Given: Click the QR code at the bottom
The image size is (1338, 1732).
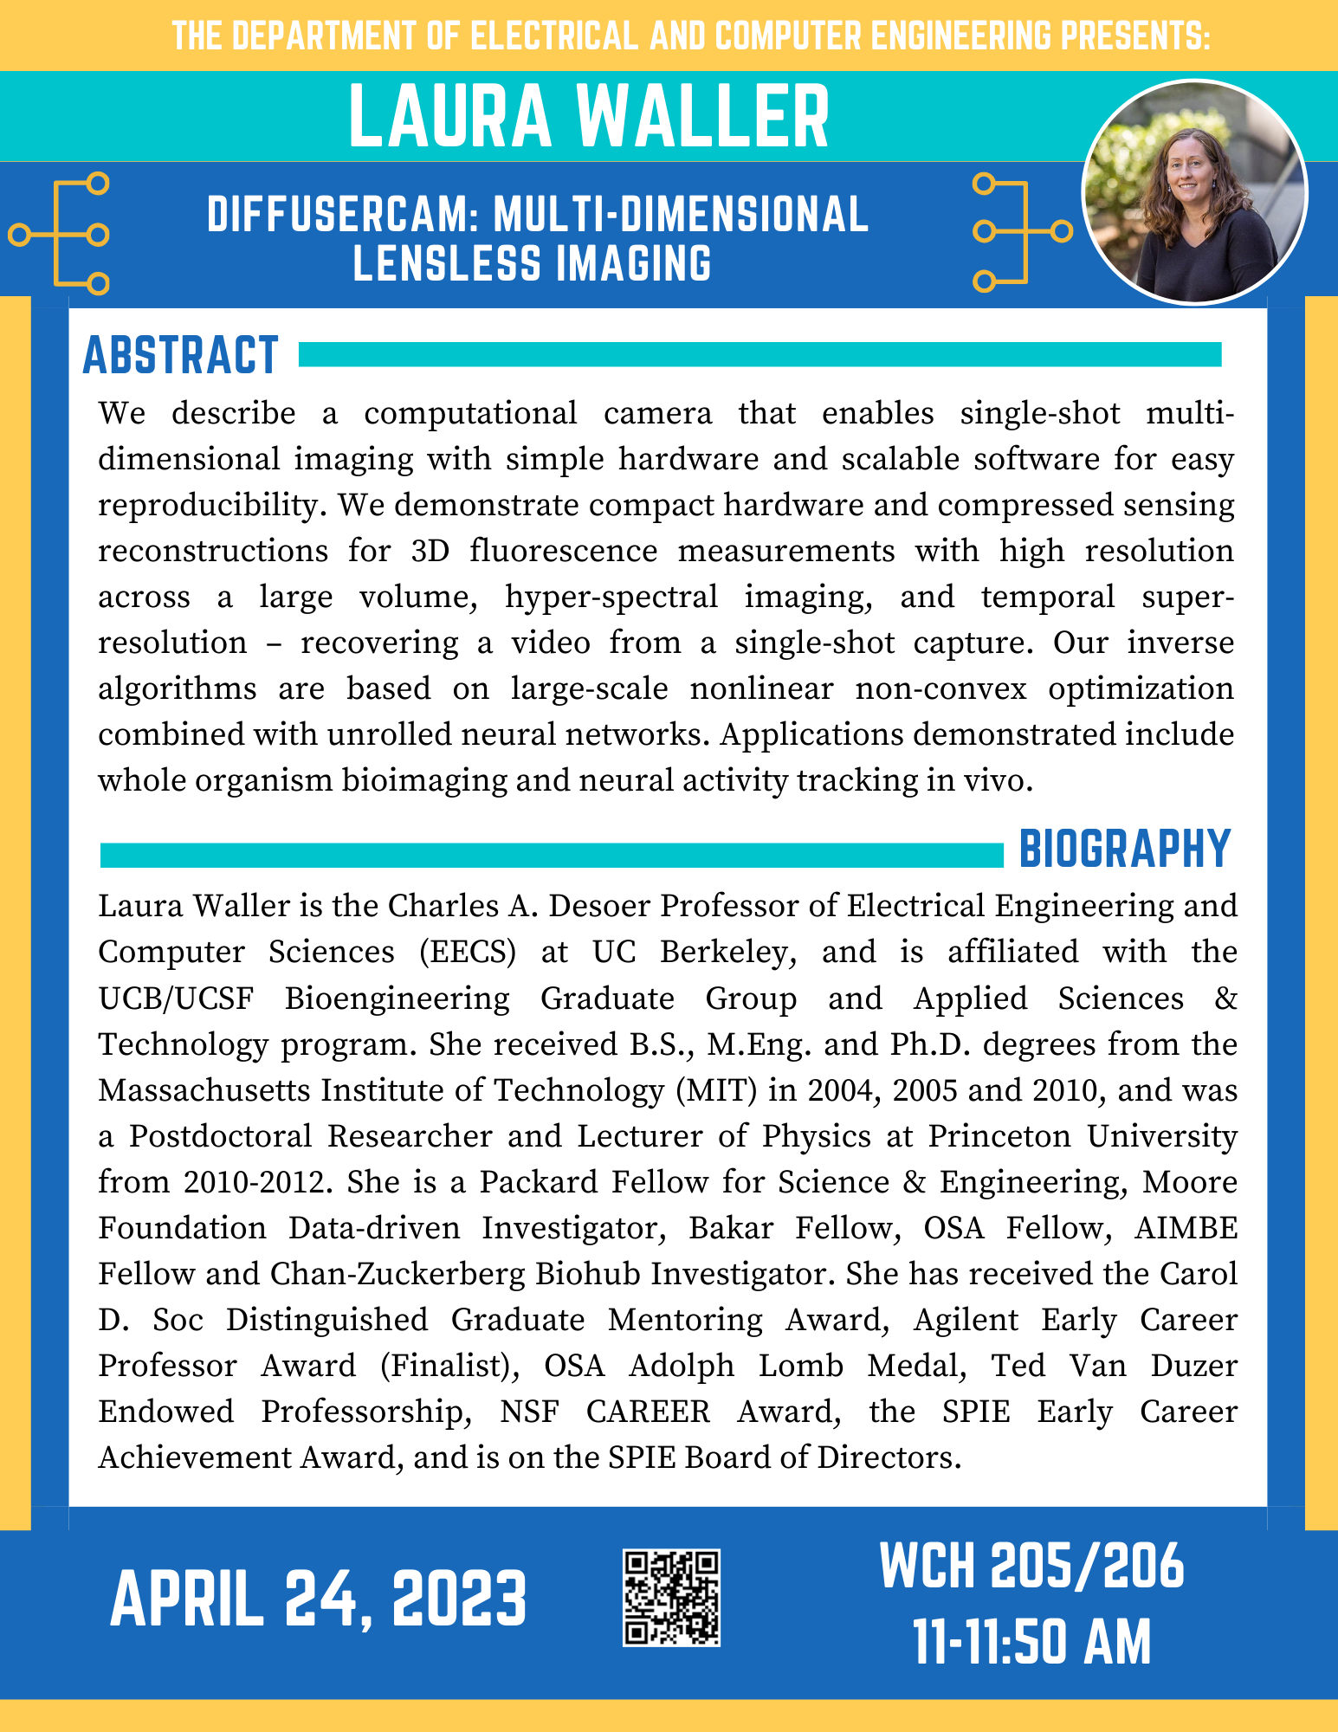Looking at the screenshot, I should click(671, 1598).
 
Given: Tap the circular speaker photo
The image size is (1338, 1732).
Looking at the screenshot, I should click(1194, 192).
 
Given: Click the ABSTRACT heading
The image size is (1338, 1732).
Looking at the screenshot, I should click(180, 355).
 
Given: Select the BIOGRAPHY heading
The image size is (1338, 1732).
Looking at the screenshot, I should click(1124, 849).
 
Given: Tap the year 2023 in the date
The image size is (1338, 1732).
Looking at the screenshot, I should click(459, 1599).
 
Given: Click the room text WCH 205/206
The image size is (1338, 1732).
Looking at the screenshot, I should click(1031, 1566).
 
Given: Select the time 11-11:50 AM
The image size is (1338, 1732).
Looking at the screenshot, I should click(1031, 1642).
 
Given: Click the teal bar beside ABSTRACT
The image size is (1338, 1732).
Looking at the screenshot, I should click(759, 354).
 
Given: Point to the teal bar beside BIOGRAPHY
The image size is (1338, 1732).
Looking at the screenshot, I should click(551, 855).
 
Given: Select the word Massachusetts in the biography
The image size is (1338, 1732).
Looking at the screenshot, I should click(202, 1090).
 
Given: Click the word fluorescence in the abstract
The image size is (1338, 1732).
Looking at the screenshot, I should click(564, 551).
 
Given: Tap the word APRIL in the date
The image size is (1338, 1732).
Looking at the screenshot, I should click(186, 1599).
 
